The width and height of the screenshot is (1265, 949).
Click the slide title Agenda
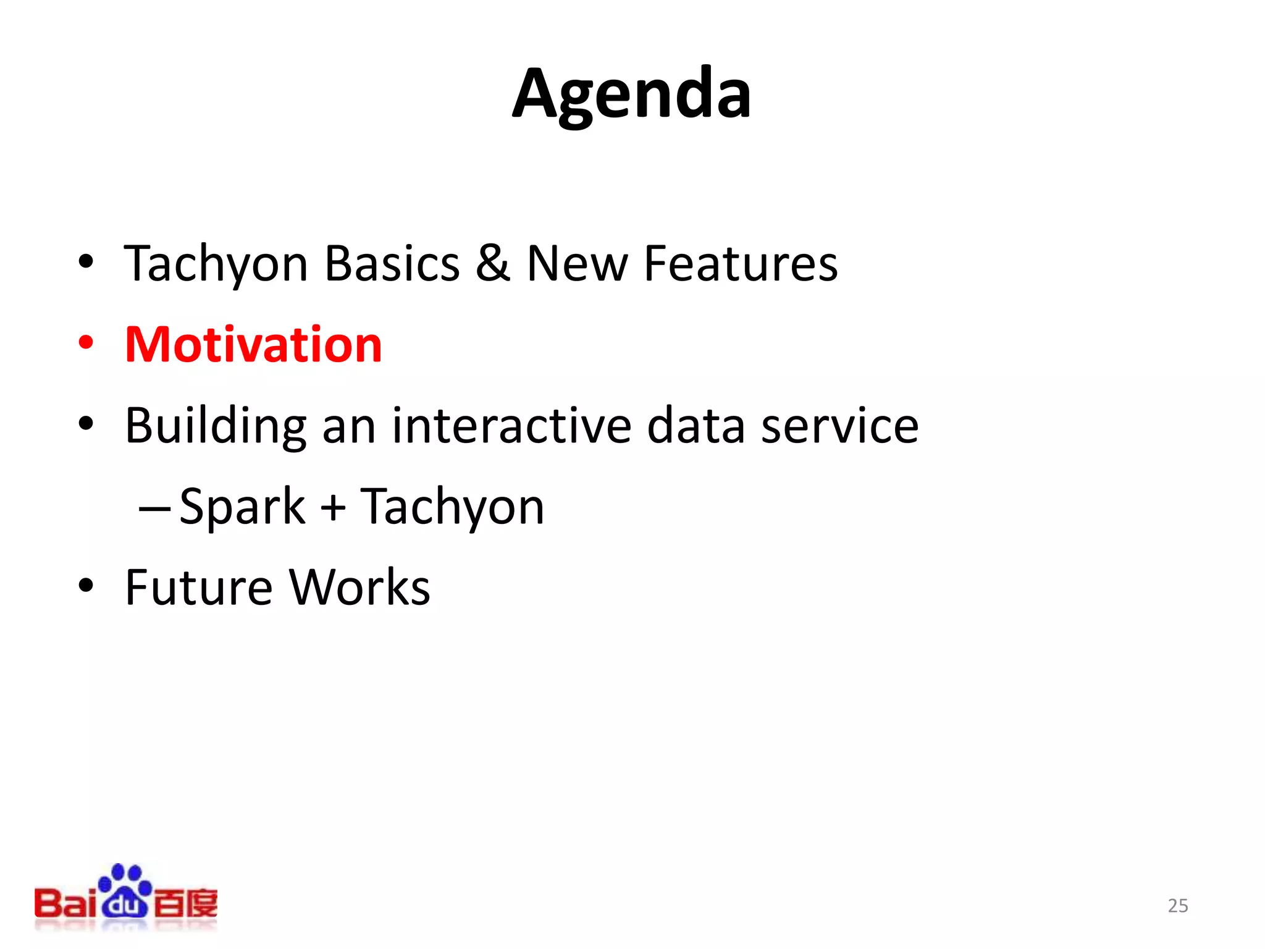coord(632,94)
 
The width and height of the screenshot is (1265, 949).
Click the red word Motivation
coord(253,344)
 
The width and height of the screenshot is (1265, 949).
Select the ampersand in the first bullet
coord(492,263)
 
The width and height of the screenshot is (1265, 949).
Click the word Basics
coord(392,263)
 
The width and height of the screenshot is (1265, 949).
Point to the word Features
coord(741,263)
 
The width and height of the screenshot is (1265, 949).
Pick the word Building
coord(216,426)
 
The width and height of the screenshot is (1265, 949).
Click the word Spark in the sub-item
coord(242,507)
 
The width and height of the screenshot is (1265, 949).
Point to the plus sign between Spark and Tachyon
coord(333,507)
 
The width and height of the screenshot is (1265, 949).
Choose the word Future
coord(198,587)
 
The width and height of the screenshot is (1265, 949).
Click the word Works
coord(359,587)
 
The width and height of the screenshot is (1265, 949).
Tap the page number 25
coord(1177,905)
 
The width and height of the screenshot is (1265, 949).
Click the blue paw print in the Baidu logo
coord(125,890)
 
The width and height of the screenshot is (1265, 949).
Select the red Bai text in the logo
coord(65,904)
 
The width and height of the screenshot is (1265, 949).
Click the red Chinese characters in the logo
coord(185,904)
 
